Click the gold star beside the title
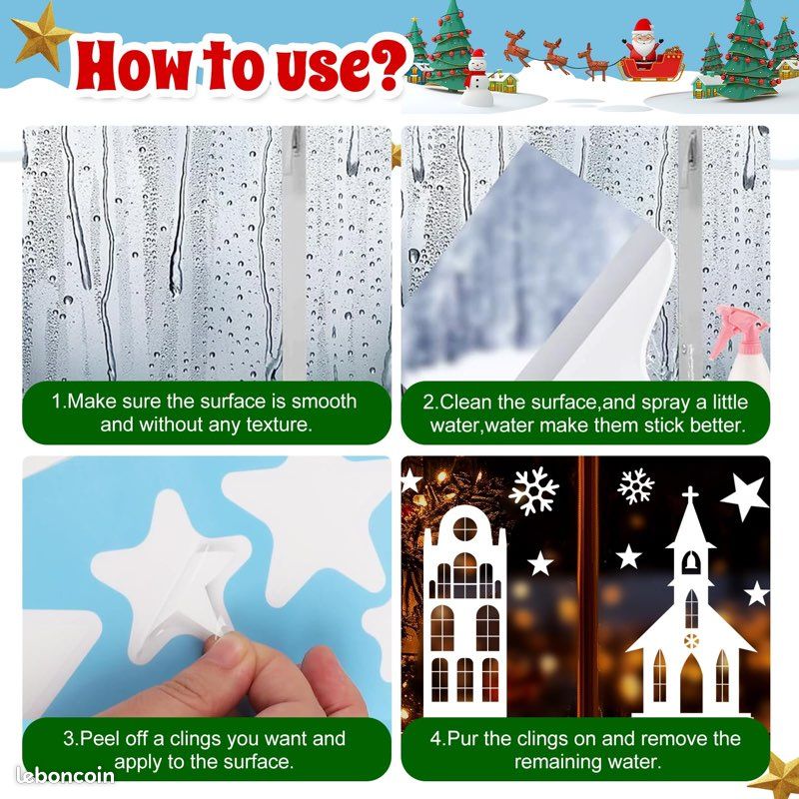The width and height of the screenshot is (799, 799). coord(42,37)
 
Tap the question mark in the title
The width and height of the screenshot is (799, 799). coord(385,64)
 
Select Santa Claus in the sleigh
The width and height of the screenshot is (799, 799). coord(643,40)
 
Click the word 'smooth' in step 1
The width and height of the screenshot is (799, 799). coord(324,401)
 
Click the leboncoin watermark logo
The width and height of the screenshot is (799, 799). coord(65,775)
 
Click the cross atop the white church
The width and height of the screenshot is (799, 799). coord(690,494)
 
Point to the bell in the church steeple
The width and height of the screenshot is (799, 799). coord(690,562)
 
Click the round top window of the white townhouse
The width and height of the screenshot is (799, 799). coord(464,528)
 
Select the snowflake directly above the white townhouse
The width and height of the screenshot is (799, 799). coord(533,490)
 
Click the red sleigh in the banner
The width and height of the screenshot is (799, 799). coord(652,67)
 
